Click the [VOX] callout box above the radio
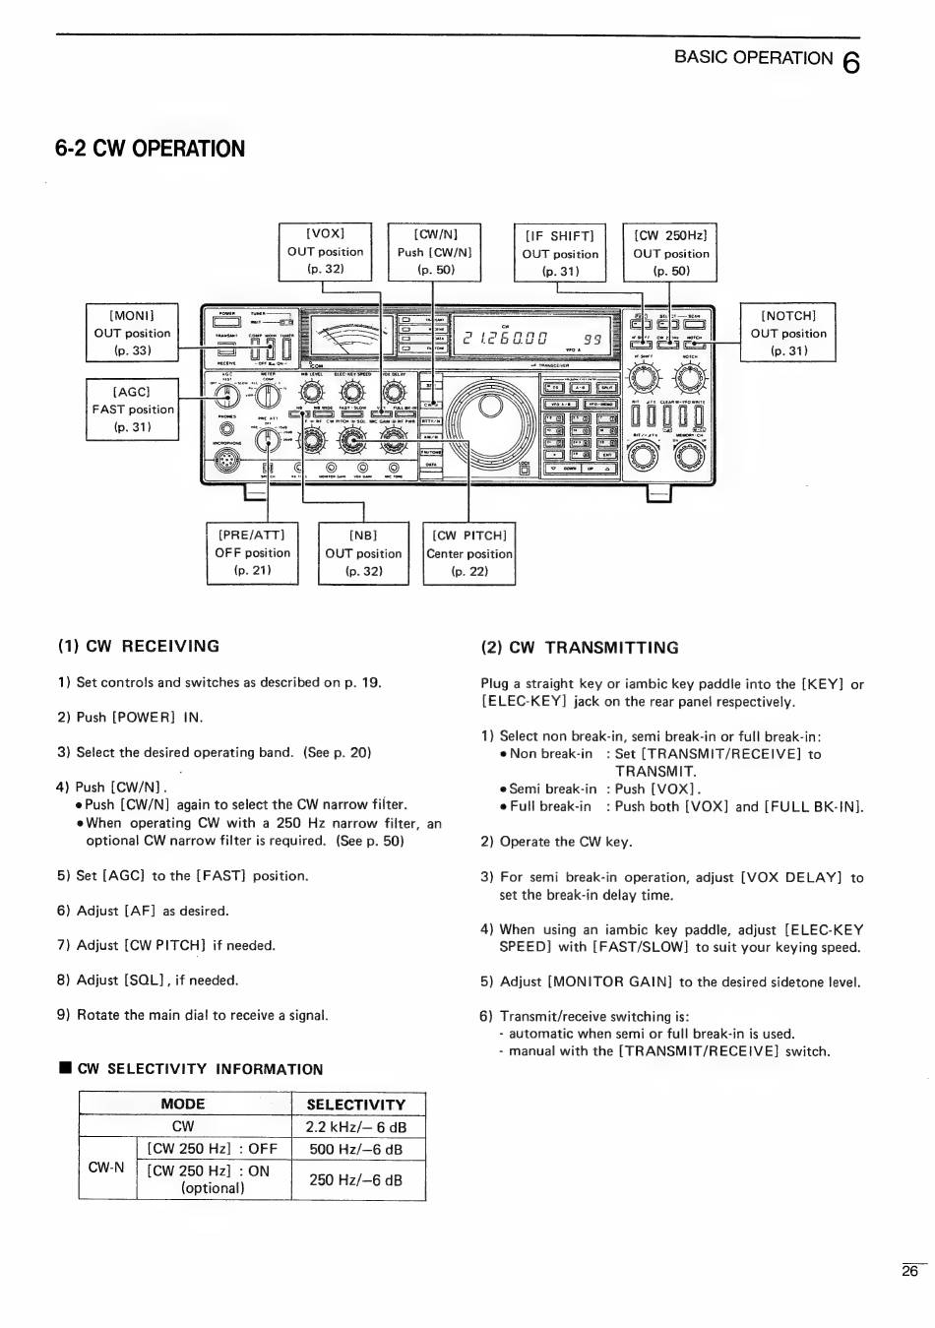(325, 251)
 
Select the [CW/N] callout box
(434, 251)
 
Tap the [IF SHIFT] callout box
(560, 253)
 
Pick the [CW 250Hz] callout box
(670, 253)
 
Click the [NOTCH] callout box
(788, 333)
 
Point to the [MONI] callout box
(132, 333)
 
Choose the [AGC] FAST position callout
(132, 409)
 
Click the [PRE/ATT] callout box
(252, 552)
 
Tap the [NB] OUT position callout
(363, 552)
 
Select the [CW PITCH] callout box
(469, 552)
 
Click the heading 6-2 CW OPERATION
(151, 149)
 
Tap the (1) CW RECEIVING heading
(139, 646)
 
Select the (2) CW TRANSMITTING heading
(580, 648)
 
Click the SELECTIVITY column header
(355, 1105)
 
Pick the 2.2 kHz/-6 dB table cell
(355, 1127)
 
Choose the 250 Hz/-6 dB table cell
(355, 1179)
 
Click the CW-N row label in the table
(106, 1168)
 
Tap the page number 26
(909, 1271)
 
